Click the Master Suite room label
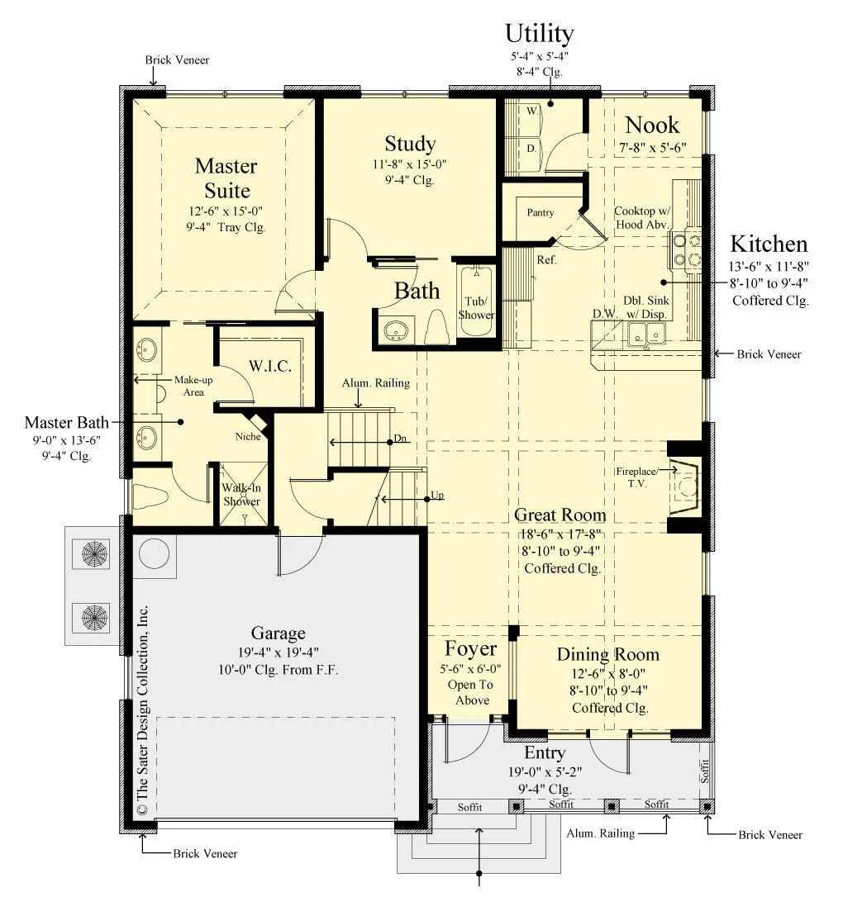(x=226, y=178)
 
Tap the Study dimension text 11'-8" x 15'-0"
(x=409, y=164)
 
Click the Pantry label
(x=541, y=212)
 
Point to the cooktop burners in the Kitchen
(x=687, y=249)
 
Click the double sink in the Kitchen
(x=646, y=334)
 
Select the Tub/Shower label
(x=476, y=308)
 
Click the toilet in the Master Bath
(x=150, y=496)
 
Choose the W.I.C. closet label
(x=269, y=366)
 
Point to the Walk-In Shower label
(x=242, y=495)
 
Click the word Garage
(x=278, y=633)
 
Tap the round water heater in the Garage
(x=154, y=553)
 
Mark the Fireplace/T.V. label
(x=637, y=477)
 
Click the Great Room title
(x=560, y=515)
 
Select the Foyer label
(x=470, y=648)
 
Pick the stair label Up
(x=437, y=495)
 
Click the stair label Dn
(x=400, y=438)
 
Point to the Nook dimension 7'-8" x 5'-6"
(x=652, y=148)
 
